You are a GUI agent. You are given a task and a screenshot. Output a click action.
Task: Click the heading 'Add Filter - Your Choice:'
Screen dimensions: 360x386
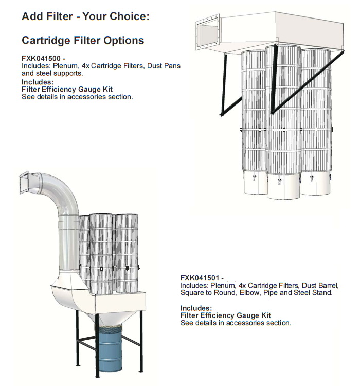tap(85, 16)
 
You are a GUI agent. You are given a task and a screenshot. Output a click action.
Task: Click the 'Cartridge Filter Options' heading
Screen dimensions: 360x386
tap(83, 40)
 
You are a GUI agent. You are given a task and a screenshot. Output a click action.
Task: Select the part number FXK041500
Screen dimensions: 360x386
tap(41, 58)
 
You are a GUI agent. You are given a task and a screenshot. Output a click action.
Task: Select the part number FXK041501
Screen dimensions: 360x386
tap(200, 278)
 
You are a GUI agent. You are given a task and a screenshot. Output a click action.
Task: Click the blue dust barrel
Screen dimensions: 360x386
tap(109, 348)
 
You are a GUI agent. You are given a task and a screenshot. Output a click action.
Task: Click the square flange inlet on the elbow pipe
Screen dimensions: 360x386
tap(24, 183)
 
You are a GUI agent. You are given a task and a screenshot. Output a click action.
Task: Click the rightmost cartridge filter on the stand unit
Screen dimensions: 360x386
tap(127, 253)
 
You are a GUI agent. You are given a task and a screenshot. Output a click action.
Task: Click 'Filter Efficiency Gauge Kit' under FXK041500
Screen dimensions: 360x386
tap(67, 90)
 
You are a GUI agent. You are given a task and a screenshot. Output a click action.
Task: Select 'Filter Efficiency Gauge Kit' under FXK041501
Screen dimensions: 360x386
tap(226, 315)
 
